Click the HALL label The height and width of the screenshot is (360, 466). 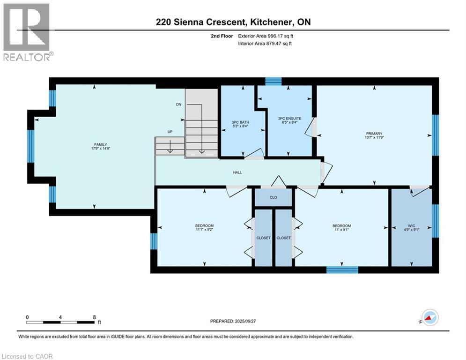(x=237, y=172)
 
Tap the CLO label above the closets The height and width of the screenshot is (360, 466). (x=274, y=197)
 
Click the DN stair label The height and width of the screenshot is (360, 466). (x=178, y=105)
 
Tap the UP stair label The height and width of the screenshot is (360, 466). (x=170, y=132)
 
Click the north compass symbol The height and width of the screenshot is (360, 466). (x=430, y=317)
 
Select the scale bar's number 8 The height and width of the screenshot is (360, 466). (x=94, y=317)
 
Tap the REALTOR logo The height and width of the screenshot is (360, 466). (x=26, y=32)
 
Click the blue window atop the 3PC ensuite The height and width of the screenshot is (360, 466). (x=273, y=82)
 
